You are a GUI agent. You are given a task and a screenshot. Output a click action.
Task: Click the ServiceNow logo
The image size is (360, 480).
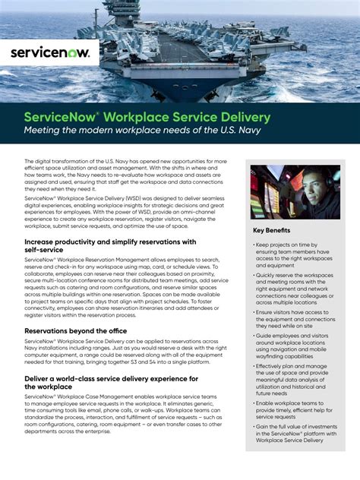tap(50, 52)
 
